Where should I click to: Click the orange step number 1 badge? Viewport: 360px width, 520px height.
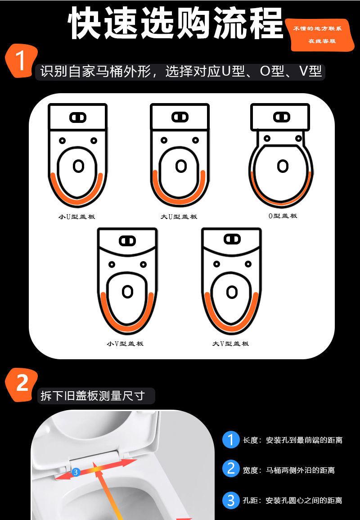tap(21, 61)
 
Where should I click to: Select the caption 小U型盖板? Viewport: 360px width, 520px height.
tap(76, 217)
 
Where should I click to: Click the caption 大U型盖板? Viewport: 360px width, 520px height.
tap(179, 217)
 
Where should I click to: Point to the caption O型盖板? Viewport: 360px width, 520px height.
tap(283, 216)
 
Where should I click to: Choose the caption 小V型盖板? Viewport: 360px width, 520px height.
tap(125, 344)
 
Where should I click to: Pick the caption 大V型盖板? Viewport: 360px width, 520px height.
tap(231, 344)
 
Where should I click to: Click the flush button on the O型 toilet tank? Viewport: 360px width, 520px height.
tap(282, 117)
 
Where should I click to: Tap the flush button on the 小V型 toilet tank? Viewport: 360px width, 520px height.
tap(127, 241)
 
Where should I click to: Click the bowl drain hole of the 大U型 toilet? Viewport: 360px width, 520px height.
tap(181, 166)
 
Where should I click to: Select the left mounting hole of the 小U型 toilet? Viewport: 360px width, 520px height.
tap(62, 140)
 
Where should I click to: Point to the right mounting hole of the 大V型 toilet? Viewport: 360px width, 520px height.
tap(248, 264)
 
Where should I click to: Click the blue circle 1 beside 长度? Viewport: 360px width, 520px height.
tap(231, 440)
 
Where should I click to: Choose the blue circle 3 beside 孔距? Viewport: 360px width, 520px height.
tap(231, 500)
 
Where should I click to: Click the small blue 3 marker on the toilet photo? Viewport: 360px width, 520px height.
tap(76, 472)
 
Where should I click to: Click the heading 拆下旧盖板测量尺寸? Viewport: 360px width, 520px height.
tap(93, 396)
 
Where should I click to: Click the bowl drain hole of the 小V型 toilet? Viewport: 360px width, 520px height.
tap(128, 292)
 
